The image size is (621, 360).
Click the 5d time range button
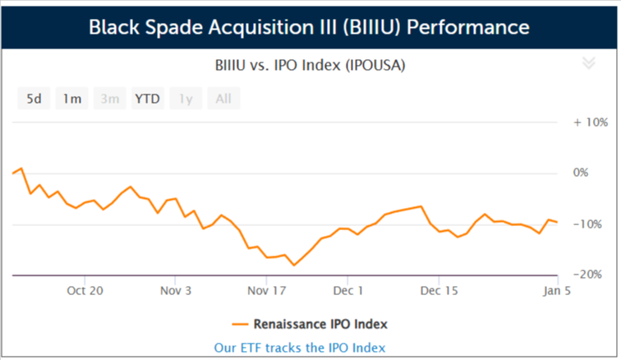coord(34,99)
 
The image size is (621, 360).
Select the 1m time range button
coord(71,99)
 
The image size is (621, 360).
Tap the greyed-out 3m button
coord(110,99)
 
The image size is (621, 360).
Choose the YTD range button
coord(147,99)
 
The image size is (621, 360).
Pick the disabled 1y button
coord(186,99)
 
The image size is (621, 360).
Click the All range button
coord(223,99)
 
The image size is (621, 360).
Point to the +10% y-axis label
coord(591,122)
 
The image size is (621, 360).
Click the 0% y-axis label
coord(581,173)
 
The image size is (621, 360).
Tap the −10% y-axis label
coord(587,224)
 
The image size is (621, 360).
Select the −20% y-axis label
coord(587,275)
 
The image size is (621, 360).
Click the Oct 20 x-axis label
coord(85,291)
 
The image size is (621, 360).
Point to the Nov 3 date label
coord(176,291)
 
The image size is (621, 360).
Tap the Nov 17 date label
coord(266,291)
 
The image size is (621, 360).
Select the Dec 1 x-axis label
coord(348,291)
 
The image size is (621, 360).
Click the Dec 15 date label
coord(439,291)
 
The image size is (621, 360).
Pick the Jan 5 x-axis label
coord(557,291)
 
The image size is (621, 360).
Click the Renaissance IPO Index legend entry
coord(310,325)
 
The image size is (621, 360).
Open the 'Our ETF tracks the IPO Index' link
coord(299,348)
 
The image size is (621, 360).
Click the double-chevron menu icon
coord(588,62)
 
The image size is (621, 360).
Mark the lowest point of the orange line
coord(294,265)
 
